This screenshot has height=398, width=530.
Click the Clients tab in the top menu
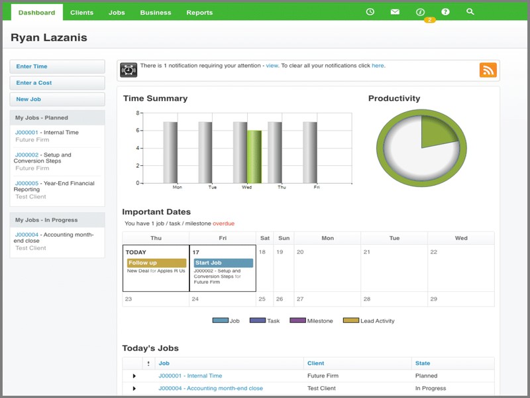click(x=81, y=13)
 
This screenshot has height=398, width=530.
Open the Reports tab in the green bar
click(x=199, y=13)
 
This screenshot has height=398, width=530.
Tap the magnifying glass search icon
click(x=470, y=12)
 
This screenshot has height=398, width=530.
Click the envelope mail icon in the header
click(x=395, y=12)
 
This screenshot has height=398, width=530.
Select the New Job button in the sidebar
click(x=57, y=99)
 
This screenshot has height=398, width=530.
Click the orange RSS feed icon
click(x=488, y=70)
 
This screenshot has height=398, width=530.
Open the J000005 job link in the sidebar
click(x=26, y=183)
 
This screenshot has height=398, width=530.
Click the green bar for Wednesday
click(x=254, y=157)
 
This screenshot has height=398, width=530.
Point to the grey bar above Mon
click(x=170, y=152)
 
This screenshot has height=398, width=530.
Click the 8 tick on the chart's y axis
click(x=138, y=113)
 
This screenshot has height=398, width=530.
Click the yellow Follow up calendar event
click(x=156, y=263)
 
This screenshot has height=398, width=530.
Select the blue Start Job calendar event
click(x=223, y=263)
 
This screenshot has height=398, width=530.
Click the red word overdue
click(x=223, y=224)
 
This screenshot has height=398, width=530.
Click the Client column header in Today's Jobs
click(x=315, y=363)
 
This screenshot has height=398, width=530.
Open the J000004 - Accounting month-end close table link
click(x=210, y=388)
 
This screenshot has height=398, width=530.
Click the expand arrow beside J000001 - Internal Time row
click(x=134, y=376)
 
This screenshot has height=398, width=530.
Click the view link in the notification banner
click(x=272, y=66)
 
